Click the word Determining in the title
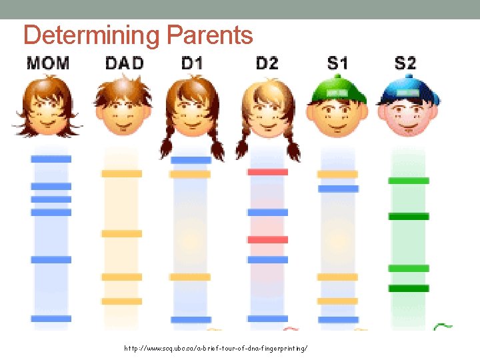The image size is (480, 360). (x=91, y=35)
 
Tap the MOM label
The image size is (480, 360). (x=47, y=63)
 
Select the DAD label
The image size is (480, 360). (x=124, y=63)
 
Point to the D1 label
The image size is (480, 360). (x=192, y=63)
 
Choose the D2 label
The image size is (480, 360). (x=267, y=63)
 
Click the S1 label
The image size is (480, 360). (x=337, y=63)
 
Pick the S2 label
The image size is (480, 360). (x=405, y=63)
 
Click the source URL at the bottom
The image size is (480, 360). (x=216, y=349)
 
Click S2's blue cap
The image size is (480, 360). (x=408, y=91)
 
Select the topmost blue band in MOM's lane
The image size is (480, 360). (x=51, y=159)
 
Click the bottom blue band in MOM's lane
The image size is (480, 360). (x=51, y=319)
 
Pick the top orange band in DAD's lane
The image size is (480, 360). (x=121, y=173)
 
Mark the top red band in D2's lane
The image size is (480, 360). (x=267, y=172)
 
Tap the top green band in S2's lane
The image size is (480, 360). (x=409, y=181)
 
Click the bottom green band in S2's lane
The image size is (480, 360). (x=409, y=289)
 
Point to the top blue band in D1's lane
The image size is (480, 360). (x=191, y=160)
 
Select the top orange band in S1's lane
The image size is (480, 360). (x=337, y=174)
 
